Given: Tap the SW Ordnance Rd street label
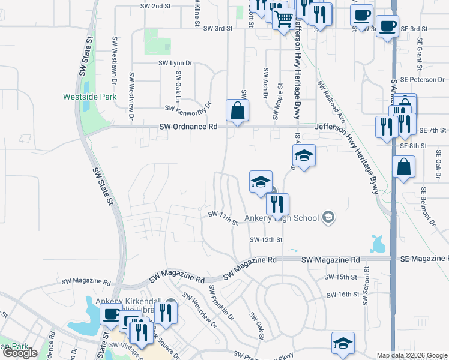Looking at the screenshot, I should click(x=188, y=127).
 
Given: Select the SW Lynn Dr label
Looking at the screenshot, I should click(x=175, y=62).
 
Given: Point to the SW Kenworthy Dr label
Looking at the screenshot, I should click(x=190, y=108).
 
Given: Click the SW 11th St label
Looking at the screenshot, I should click(x=223, y=218).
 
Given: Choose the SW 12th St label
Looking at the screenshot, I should click(x=266, y=240).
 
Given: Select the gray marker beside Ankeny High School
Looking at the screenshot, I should click(x=328, y=217).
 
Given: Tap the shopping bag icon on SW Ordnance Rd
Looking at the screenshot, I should click(x=237, y=110).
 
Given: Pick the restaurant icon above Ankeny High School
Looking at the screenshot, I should click(x=277, y=204).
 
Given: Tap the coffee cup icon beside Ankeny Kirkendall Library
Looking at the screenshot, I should click(x=111, y=314).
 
